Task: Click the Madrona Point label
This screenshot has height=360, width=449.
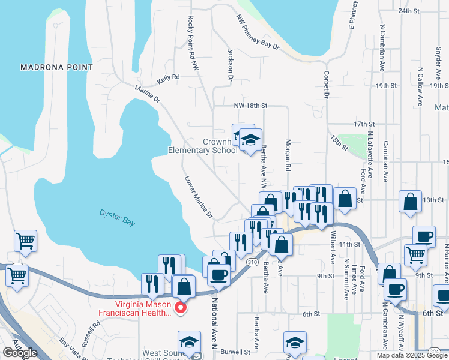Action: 56,67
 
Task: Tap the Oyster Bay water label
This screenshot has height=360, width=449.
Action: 117,217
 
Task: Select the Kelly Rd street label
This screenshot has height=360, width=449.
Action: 168,78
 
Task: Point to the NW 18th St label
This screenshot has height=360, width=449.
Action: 250,106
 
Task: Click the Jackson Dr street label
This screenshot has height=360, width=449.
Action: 230,64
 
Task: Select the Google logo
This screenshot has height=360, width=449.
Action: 20,353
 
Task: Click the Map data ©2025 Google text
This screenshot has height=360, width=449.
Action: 412,355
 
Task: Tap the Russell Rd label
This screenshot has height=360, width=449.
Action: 92,335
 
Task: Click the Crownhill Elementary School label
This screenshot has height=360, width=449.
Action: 203,146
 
